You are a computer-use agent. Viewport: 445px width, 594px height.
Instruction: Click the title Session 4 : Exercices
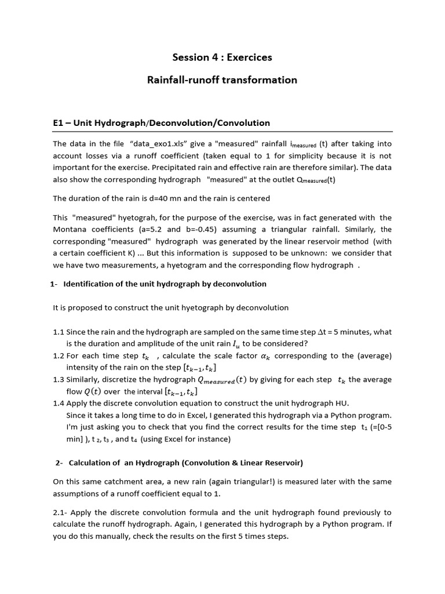[222, 57]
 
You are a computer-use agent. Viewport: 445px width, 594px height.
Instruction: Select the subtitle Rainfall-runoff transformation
[222, 80]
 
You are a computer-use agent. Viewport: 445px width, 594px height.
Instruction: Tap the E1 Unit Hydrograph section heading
[161, 123]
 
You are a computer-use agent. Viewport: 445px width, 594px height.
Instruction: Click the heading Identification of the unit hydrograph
[165, 284]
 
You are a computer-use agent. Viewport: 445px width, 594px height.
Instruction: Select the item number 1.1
[59, 332]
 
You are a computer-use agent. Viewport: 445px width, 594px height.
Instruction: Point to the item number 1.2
[59, 356]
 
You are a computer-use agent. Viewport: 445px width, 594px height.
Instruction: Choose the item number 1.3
[59, 379]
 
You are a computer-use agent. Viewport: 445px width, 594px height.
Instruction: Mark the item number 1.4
[59, 403]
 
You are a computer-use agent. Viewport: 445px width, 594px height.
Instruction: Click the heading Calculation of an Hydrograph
[185, 462]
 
